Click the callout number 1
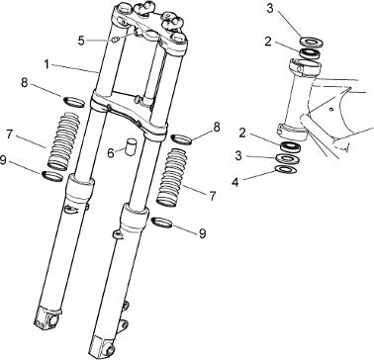47,63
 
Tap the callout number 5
82,41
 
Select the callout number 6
112,153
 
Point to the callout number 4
234,183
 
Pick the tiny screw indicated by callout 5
116,40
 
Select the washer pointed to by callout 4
286,170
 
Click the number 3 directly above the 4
238,155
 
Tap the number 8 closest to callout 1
25,83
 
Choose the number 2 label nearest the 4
242,133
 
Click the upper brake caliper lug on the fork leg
126,306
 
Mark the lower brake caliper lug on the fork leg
124,324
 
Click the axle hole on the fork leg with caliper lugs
111,349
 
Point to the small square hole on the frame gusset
332,109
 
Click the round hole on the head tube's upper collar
300,69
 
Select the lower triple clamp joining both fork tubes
128,115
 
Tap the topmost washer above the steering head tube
312,42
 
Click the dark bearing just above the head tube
310,52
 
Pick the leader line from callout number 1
75,68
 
